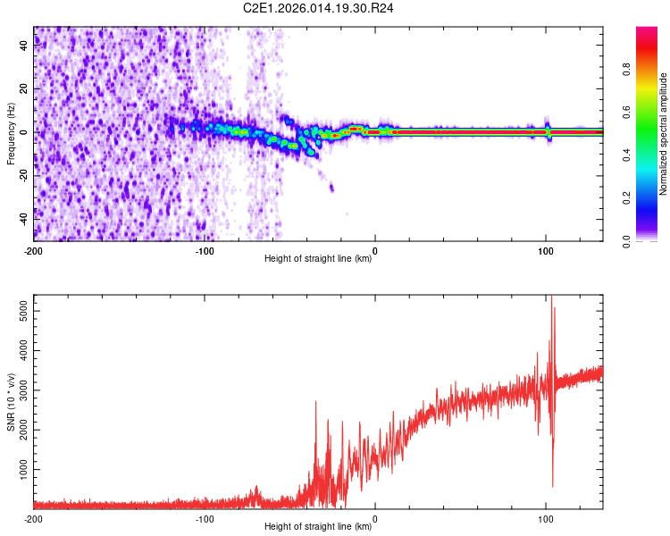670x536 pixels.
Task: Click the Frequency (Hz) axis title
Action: click(x=11, y=134)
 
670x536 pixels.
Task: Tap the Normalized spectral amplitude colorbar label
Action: click(x=664, y=134)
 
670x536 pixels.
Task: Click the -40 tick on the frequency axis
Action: click(x=24, y=217)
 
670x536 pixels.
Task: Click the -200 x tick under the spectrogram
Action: click(x=34, y=250)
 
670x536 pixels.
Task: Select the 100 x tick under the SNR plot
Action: click(x=545, y=518)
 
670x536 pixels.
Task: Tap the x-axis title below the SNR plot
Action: click(x=318, y=527)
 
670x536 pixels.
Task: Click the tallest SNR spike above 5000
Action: click(x=551, y=297)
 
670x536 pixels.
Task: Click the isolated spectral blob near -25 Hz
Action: click(x=331, y=188)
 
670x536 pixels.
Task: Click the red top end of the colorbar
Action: click(x=647, y=31)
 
